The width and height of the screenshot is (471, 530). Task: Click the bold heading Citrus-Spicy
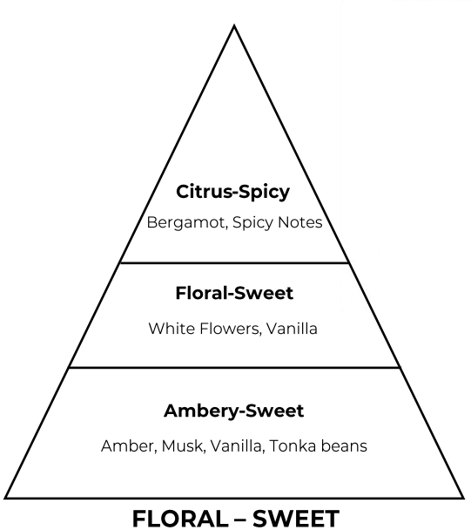pyautogui.click(x=233, y=193)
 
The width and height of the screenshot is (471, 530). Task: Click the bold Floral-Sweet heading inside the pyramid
pyautogui.click(x=234, y=293)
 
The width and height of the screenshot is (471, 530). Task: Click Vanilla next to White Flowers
pyautogui.click(x=292, y=329)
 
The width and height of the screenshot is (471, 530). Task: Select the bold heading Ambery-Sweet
pyautogui.click(x=233, y=411)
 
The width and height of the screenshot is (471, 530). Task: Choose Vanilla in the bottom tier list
pyautogui.click(x=237, y=446)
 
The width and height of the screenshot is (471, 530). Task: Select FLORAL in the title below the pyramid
pyautogui.click(x=180, y=519)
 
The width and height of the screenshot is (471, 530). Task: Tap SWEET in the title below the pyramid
pyautogui.click(x=296, y=519)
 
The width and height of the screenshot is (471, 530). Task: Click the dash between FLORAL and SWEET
pyautogui.click(x=240, y=520)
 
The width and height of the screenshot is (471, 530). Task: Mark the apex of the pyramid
pyautogui.click(x=234, y=25)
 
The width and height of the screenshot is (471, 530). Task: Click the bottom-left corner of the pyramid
pyautogui.click(x=5, y=498)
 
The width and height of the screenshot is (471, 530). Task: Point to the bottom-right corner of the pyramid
pyautogui.click(x=463, y=498)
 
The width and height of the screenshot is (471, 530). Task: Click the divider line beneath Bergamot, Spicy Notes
pyautogui.click(x=234, y=262)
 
